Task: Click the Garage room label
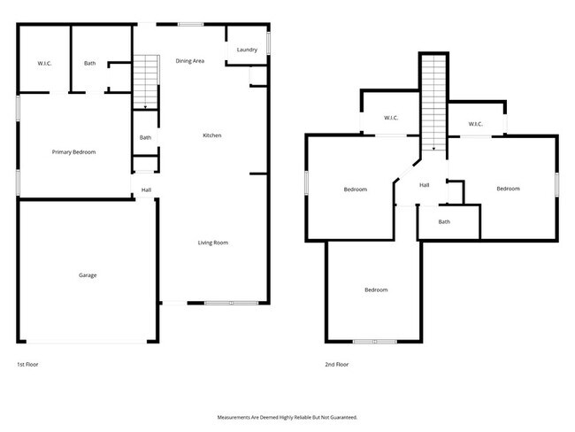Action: point(88,275)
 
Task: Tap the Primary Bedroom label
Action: point(73,152)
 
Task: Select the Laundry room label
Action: point(247,50)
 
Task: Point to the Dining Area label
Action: point(190,61)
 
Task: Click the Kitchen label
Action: point(212,135)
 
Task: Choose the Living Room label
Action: point(213,242)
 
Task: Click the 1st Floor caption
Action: point(27,364)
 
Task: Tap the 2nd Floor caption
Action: point(337,364)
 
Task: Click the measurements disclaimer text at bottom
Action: point(287,416)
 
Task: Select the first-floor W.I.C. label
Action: point(45,64)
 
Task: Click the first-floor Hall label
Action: point(146,189)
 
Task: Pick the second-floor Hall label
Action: point(425,185)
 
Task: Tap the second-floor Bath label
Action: point(444,221)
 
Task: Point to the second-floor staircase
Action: point(433,102)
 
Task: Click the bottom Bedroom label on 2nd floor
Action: point(376,290)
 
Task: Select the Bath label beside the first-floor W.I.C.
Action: point(90,64)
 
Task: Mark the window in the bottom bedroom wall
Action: point(375,342)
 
